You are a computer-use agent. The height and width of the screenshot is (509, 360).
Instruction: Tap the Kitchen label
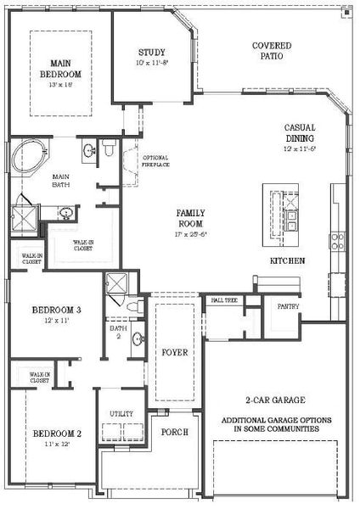tap(287, 260)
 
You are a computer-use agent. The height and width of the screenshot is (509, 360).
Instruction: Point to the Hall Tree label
tap(223, 299)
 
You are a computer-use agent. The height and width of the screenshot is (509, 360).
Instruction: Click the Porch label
tap(174, 431)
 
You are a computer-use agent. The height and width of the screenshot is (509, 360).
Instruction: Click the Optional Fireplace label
tap(155, 161)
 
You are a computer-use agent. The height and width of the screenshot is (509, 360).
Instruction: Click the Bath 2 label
tap(117, 333)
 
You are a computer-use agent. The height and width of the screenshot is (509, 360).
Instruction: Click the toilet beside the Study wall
tap(109, 151)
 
